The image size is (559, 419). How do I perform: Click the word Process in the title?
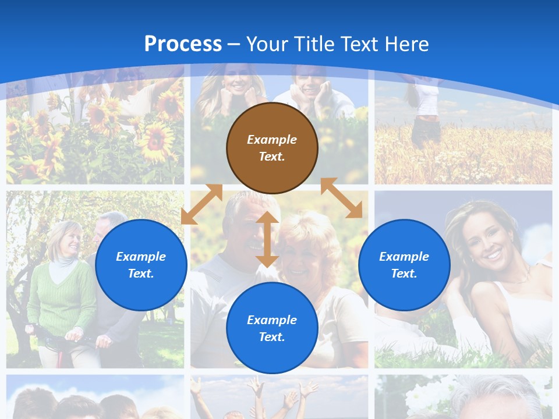[x=183, y=44]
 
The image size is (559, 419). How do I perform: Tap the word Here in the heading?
[x=405, y=44]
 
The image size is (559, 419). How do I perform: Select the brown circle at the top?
[x=272, y=148]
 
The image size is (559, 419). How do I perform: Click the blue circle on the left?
[x=141, y=265]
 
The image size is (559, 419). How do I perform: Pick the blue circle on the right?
[x=404, y=265]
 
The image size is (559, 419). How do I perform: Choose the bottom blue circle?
[x=272, y=328]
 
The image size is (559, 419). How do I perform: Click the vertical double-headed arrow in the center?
[x=267, y=240]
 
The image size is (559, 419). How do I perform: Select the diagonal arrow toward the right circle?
[x=341, y=198]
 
